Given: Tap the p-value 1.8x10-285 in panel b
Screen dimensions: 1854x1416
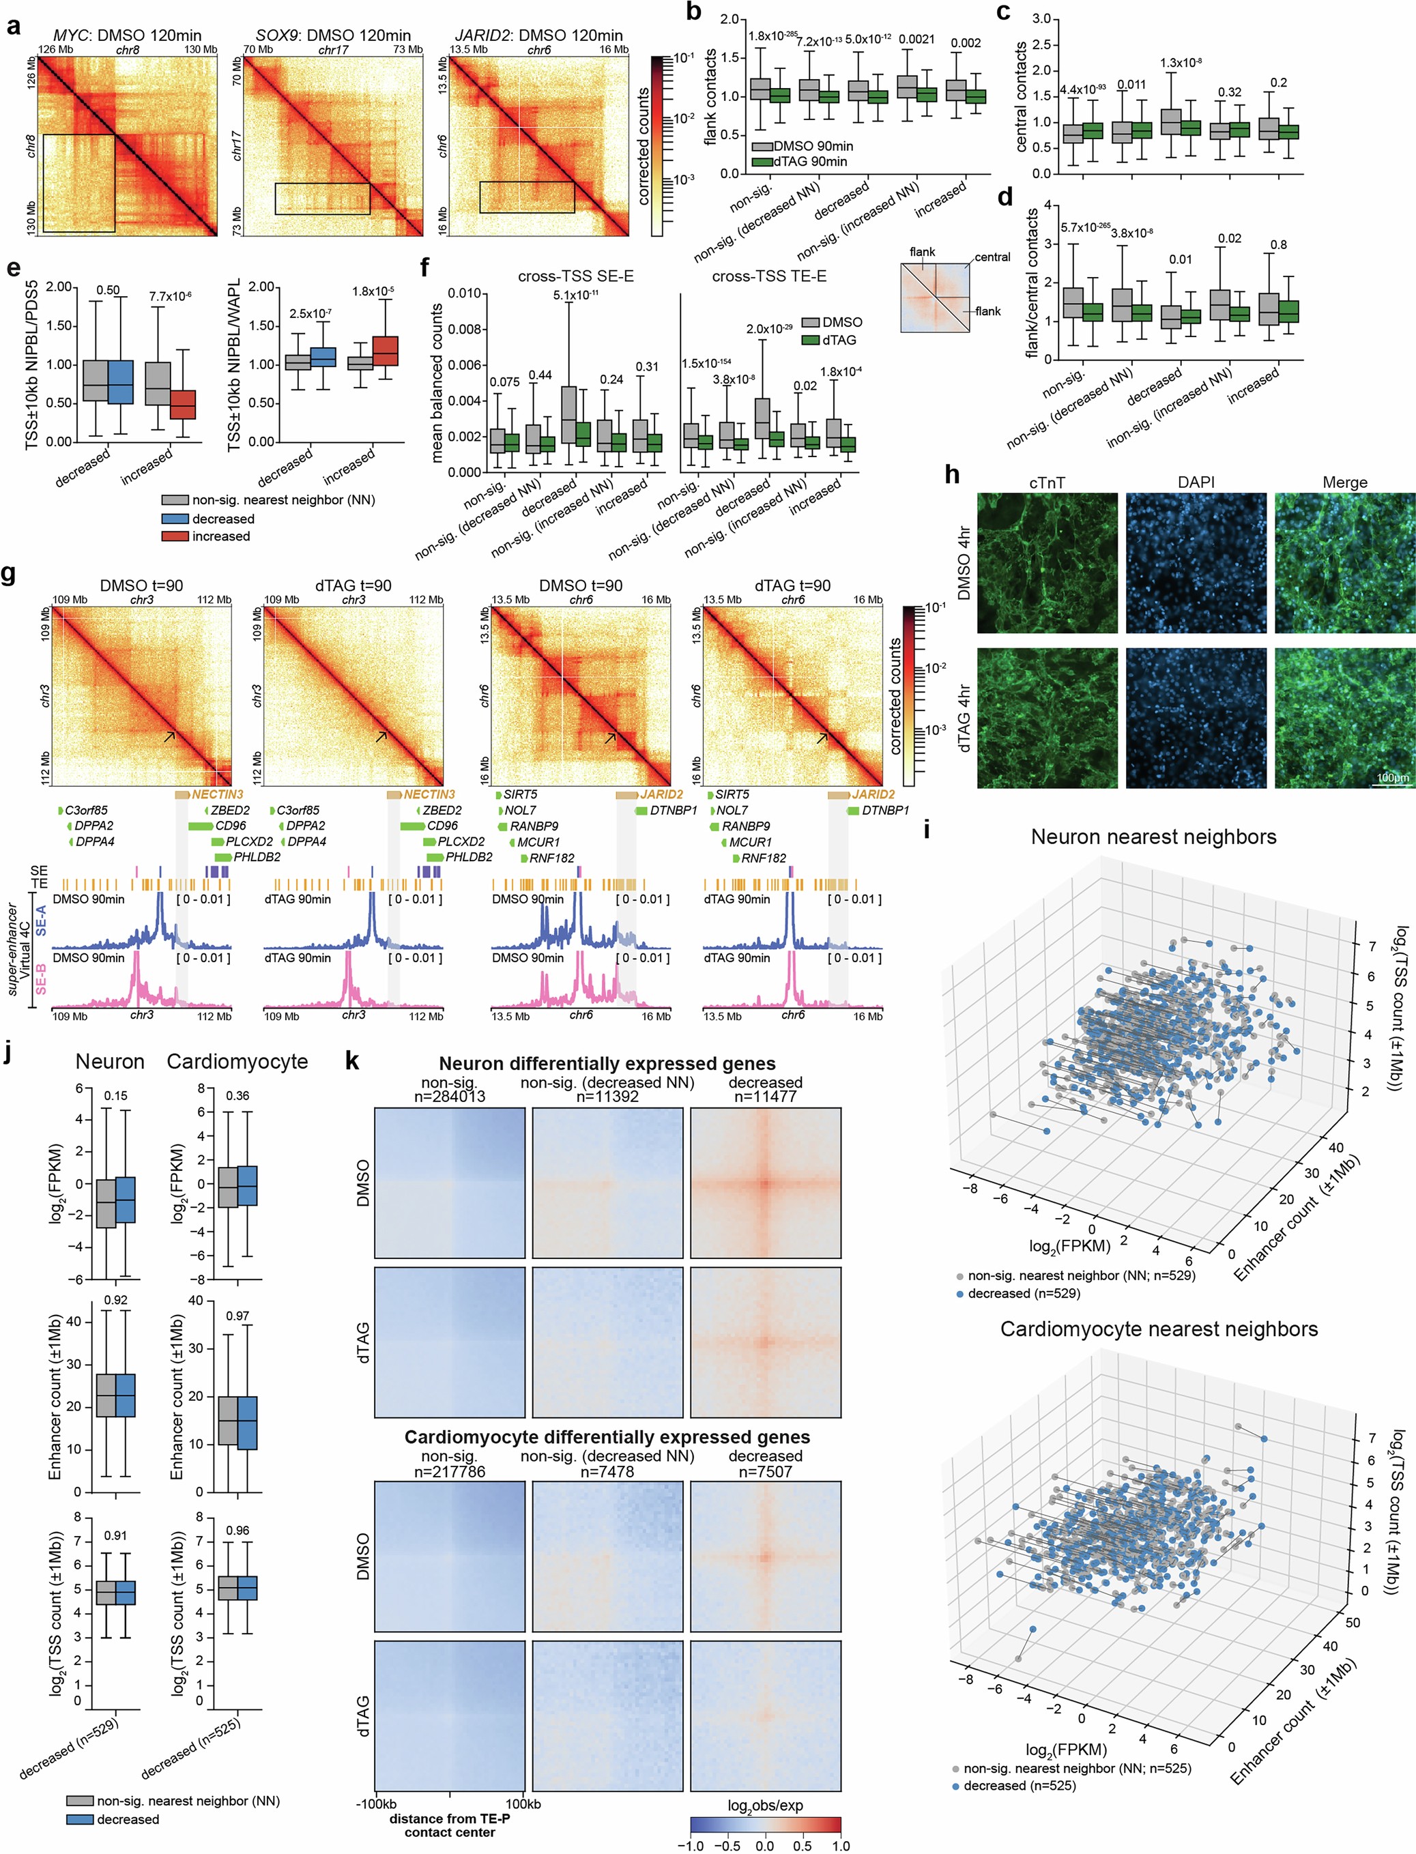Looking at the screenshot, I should pyautogui.click(x=771, y=36).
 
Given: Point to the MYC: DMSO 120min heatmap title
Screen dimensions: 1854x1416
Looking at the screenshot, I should pyautogui.click(x=128, y=35).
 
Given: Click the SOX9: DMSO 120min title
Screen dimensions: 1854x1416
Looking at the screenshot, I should pyautogui.click(x=333, y=35).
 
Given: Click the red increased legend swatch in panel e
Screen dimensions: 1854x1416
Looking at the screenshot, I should pyautogui.click(x=175, y=536).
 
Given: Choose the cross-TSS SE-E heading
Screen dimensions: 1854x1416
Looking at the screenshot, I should pyautogui.click(x=576, y=276).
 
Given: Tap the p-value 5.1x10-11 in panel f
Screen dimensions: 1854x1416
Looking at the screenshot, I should pyautogui.click(x=576, y=295).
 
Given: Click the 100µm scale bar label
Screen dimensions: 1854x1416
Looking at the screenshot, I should pyautogui.click(x=1391, y=777).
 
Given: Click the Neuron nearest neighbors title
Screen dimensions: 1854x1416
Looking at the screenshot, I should pyautogui.click(x=1153, y=837).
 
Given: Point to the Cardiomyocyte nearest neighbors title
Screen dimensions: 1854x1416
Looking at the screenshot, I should pyautogui.click(x=1158, y=1329).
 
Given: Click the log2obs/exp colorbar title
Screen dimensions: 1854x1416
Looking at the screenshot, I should pyautogui.click(x=764, y=1805).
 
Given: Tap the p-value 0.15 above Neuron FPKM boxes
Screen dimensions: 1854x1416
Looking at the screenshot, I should pyautogui.click(x=115, y=1096).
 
